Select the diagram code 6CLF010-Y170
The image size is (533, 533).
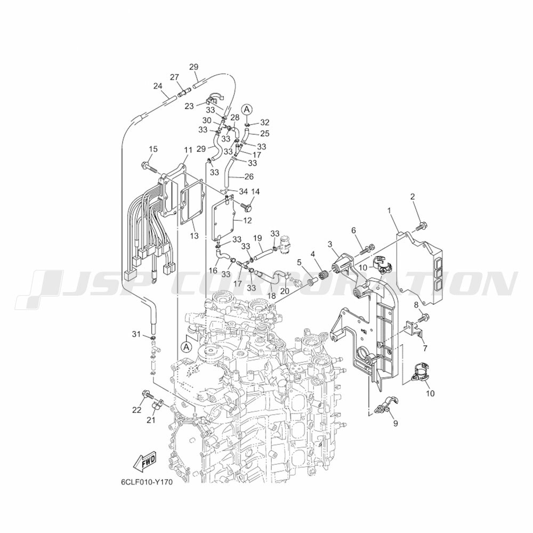coord(146,482)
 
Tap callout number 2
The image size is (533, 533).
coord(413,197)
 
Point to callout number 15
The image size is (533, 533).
coord(153,149)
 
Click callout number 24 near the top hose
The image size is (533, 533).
coord(157,86)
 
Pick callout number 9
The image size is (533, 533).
coord(395,424)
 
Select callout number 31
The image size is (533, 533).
coord(136,334)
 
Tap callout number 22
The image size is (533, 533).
coord(136,409)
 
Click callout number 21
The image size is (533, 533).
coord(150,421)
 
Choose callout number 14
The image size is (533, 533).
coord(255,191)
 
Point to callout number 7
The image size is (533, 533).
coord(425,349)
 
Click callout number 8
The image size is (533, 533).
coord(417,305)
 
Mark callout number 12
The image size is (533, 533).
coord(247,220)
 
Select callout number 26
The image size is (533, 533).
coord(248,176)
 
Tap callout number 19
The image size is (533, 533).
coord(257,238)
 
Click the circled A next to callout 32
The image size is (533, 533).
coord(247,109)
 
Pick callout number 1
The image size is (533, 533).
coord(390,211)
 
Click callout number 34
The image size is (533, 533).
coord(243,191)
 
